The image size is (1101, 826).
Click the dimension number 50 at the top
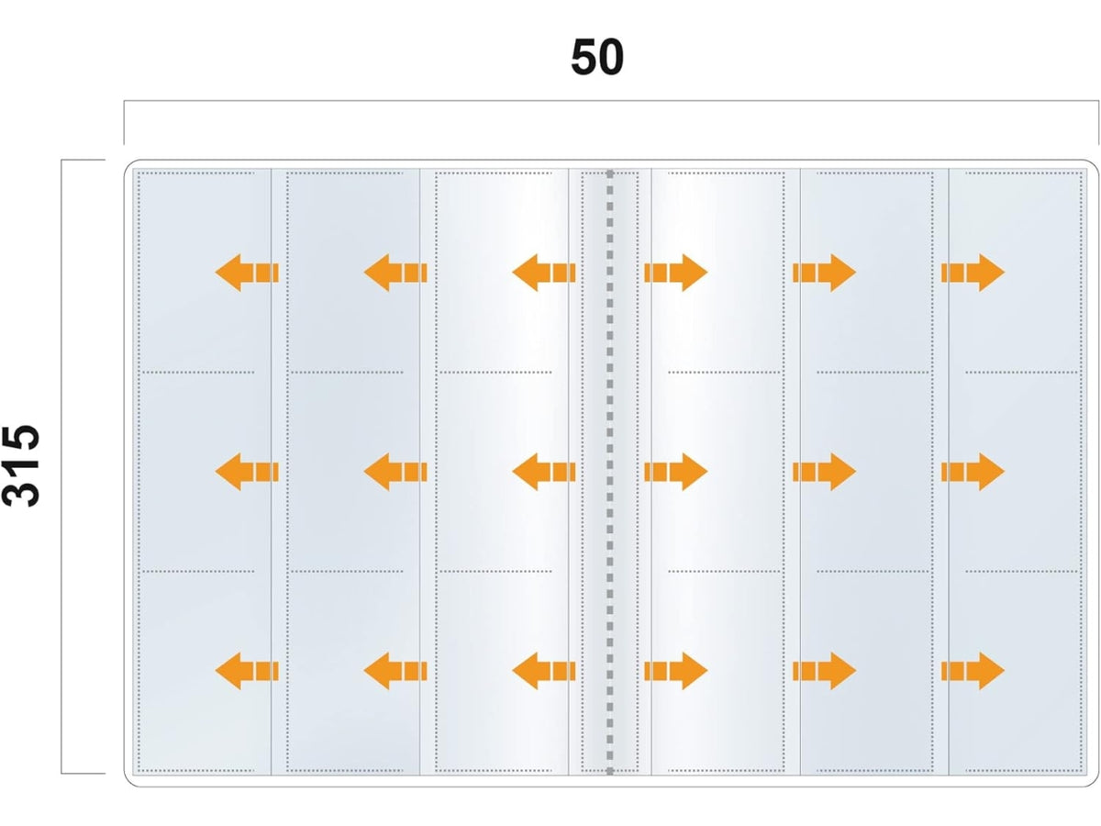(x=597, y=57)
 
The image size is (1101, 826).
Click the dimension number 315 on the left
(x=21, y=466)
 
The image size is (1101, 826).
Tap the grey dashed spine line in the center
(x=609, y=472)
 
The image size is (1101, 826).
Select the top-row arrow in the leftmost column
(x=247, y=273)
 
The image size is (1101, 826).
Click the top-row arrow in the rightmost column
(x=973, y=273)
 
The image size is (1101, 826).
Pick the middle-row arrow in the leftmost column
(x=247, y=472)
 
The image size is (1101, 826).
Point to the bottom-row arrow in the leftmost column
(x=247, y=671)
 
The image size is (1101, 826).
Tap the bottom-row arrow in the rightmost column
(x=973, y=671)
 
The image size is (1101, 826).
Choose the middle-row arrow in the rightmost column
(x=973, y=472)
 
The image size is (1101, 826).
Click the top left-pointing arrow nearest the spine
(x=544, y=273)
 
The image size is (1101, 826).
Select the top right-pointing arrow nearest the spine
(x=675, y=273)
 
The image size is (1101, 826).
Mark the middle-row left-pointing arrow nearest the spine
(x=544, y=472)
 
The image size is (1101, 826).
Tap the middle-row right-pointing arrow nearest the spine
(x=675, y=472)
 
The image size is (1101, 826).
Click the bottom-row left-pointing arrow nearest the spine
(x=544, y=671)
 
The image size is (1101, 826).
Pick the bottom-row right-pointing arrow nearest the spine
(x=675, y=671)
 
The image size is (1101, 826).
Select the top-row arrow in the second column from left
(x=395, y=273)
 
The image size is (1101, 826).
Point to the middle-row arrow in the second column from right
(x=824, y=472)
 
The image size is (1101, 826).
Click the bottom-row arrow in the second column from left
(x=395, y=671)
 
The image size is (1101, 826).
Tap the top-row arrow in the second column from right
(x=824, y=273)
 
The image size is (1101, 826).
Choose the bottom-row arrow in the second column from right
(x=824, y=671)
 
